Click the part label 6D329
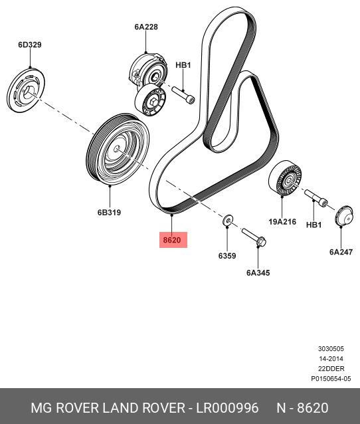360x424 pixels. coord(30,45)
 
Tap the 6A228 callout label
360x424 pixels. coord(146,27)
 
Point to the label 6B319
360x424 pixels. coord(109,212)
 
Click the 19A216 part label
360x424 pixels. coord(282,222)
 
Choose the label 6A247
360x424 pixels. coord(341,252)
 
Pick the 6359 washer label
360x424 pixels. coord(227,256)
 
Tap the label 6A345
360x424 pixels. coord(258,272)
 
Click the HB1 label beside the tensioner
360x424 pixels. coord(183,65)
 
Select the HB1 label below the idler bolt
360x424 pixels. coord(314,225)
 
